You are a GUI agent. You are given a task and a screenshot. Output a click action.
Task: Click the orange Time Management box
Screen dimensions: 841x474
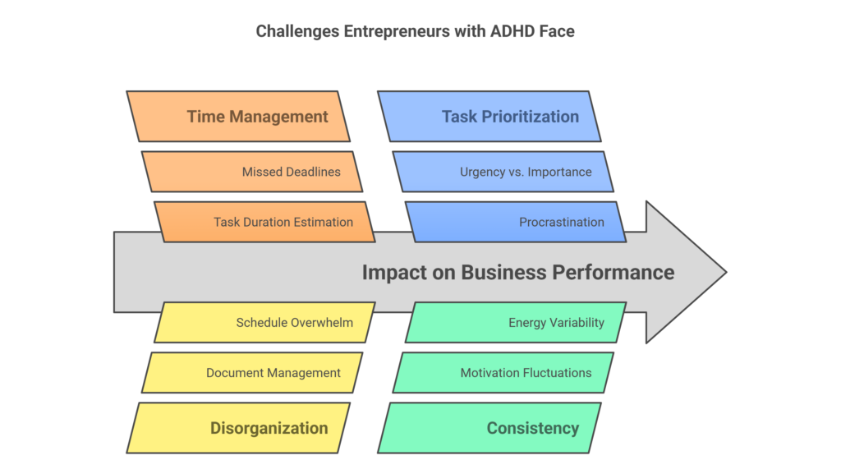(x=238, y=117)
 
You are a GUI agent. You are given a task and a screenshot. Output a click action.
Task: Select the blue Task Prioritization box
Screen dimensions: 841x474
(x=489, y=117)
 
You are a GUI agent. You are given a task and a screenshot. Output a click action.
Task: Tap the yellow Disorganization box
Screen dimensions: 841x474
(x=238, y=428)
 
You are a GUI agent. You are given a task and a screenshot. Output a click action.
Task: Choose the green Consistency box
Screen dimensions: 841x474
(x=489, y=428)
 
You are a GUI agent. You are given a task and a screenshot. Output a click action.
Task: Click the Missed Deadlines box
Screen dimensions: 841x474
(x=252, y=172)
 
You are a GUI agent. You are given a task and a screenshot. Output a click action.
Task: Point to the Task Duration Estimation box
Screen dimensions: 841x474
(x=264, y=222)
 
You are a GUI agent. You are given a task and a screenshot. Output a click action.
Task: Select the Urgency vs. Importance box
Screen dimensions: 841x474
(x=503, y=172)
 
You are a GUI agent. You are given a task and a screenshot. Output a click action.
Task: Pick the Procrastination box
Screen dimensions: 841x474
(x=516, y=222)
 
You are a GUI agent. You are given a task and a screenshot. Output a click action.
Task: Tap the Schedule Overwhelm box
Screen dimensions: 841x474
(x=264, y=322)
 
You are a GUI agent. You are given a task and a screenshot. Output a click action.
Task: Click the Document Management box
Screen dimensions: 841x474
(x=252, y=373)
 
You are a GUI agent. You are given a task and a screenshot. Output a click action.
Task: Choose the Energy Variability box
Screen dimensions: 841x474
(x=516, y=322)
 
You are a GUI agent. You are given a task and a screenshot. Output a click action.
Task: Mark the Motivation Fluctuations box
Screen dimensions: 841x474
(x=503, y=373)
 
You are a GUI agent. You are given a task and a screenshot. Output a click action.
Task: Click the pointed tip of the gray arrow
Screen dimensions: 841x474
(x=726, y=273)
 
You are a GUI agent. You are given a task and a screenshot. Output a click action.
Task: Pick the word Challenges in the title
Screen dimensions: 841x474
(x=297, y=32)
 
